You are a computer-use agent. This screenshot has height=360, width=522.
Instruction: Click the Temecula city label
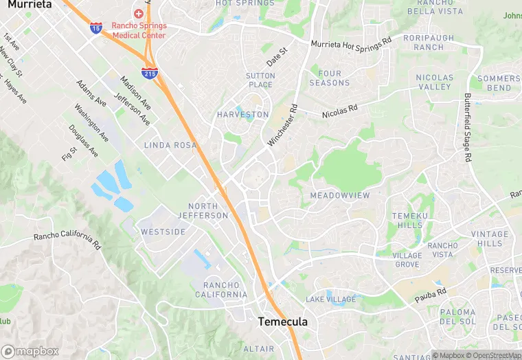(282, 322)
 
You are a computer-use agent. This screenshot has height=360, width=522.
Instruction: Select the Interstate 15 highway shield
(96, 27)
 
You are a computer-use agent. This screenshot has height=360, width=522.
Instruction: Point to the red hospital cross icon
(139, 13)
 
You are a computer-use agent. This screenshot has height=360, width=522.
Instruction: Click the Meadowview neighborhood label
(340, 196)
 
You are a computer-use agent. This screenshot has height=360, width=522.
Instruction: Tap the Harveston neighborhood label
(242, 114)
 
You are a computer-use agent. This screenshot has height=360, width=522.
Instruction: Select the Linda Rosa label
(170, 146)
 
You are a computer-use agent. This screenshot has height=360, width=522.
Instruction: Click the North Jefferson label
(207, 211)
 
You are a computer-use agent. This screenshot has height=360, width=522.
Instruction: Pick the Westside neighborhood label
(163, 232)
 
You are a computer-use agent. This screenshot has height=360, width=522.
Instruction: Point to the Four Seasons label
(330, 78)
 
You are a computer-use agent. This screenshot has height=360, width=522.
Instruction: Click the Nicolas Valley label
(434, 82)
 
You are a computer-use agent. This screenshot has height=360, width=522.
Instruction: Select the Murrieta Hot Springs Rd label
(350, 43)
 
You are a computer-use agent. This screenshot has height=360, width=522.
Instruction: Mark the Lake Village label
(331, 300)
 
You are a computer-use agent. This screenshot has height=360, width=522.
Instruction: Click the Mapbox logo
(30, 350)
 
